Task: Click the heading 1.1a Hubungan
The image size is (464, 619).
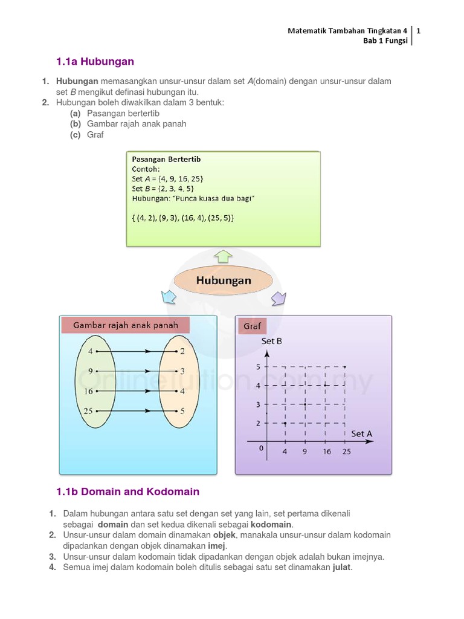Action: coord(95,62)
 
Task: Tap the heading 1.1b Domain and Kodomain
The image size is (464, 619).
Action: coord(127,491)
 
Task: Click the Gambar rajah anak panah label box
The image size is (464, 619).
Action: coord(126,325)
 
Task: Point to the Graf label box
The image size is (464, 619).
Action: coord(252,326)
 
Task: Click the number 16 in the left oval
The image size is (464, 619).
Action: coord(89,391)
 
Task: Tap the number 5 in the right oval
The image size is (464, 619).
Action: coord(182,411)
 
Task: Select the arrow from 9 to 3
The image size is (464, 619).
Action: coord(136,371)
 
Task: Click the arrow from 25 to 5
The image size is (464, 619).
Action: coord(136,411)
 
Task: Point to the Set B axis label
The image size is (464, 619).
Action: coord(271,341)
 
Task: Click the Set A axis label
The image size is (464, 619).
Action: coord(361,433)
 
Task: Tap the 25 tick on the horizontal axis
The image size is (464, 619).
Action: coord(346,452)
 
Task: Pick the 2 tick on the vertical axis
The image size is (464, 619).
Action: coord(258,423)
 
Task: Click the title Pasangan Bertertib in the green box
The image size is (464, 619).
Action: coord(166,159)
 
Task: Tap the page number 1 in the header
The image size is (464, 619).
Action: coord(418,30)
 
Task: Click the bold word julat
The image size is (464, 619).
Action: coord(341,568)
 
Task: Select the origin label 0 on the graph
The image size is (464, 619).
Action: coord(261,448)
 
